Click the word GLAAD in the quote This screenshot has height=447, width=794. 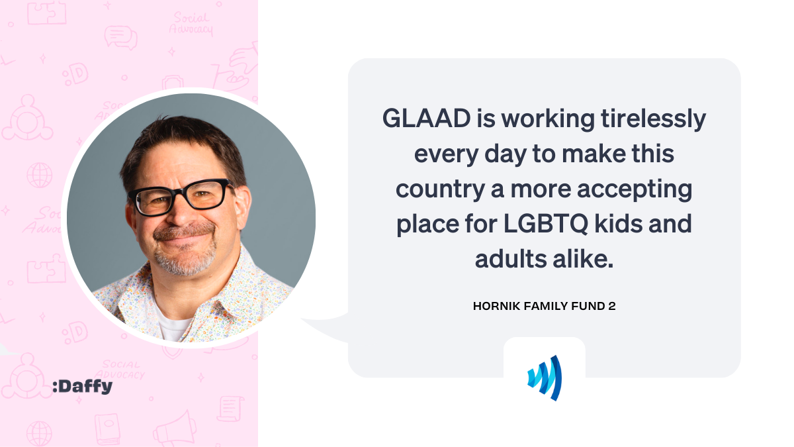(x=426, y=118)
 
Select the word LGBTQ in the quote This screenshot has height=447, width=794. (x=546, y=224)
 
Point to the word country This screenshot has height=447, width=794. (x=440, y=190)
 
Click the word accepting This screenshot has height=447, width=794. (x=635, y=190)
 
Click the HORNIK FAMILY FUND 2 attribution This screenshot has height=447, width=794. (x=544, y=306)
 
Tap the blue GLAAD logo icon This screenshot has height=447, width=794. (x=545, y=378)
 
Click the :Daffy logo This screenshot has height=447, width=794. (x=82, y=386)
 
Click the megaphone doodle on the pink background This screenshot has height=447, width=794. (x=175, y=429)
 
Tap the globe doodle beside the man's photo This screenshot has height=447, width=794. (x=39, y=175)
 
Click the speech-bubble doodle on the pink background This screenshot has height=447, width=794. (x=121, y=37)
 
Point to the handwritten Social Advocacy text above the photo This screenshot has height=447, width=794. (x=191, y=23)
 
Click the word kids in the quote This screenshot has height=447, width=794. (x=619, y=224)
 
